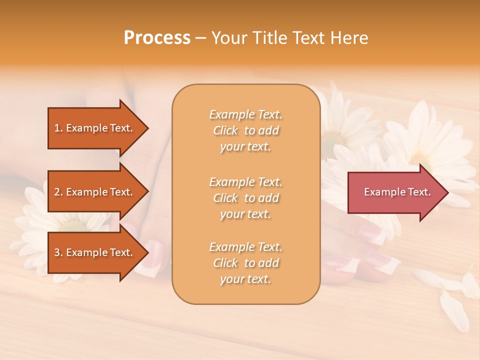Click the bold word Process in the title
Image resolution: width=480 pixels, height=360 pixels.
[157, 38]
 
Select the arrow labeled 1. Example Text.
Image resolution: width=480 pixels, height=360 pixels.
[95, 128]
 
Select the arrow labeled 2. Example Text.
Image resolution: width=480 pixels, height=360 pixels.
[95, 192]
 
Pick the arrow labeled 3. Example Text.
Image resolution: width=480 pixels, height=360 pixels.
[95, 252]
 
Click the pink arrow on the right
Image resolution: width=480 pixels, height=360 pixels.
[395, 192]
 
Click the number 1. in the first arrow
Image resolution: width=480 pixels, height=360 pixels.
[58, 128]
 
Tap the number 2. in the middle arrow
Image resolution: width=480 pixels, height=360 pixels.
[58, 192]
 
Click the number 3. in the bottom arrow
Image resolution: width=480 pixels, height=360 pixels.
[58, 252]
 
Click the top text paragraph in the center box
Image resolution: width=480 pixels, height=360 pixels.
[245, 130]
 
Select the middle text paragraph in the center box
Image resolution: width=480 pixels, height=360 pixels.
[245, 198]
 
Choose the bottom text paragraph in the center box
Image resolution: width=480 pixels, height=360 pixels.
[245, 263]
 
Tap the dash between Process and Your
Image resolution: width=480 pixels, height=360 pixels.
[201, 38]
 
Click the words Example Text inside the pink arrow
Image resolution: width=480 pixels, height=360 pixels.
[397, 192]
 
